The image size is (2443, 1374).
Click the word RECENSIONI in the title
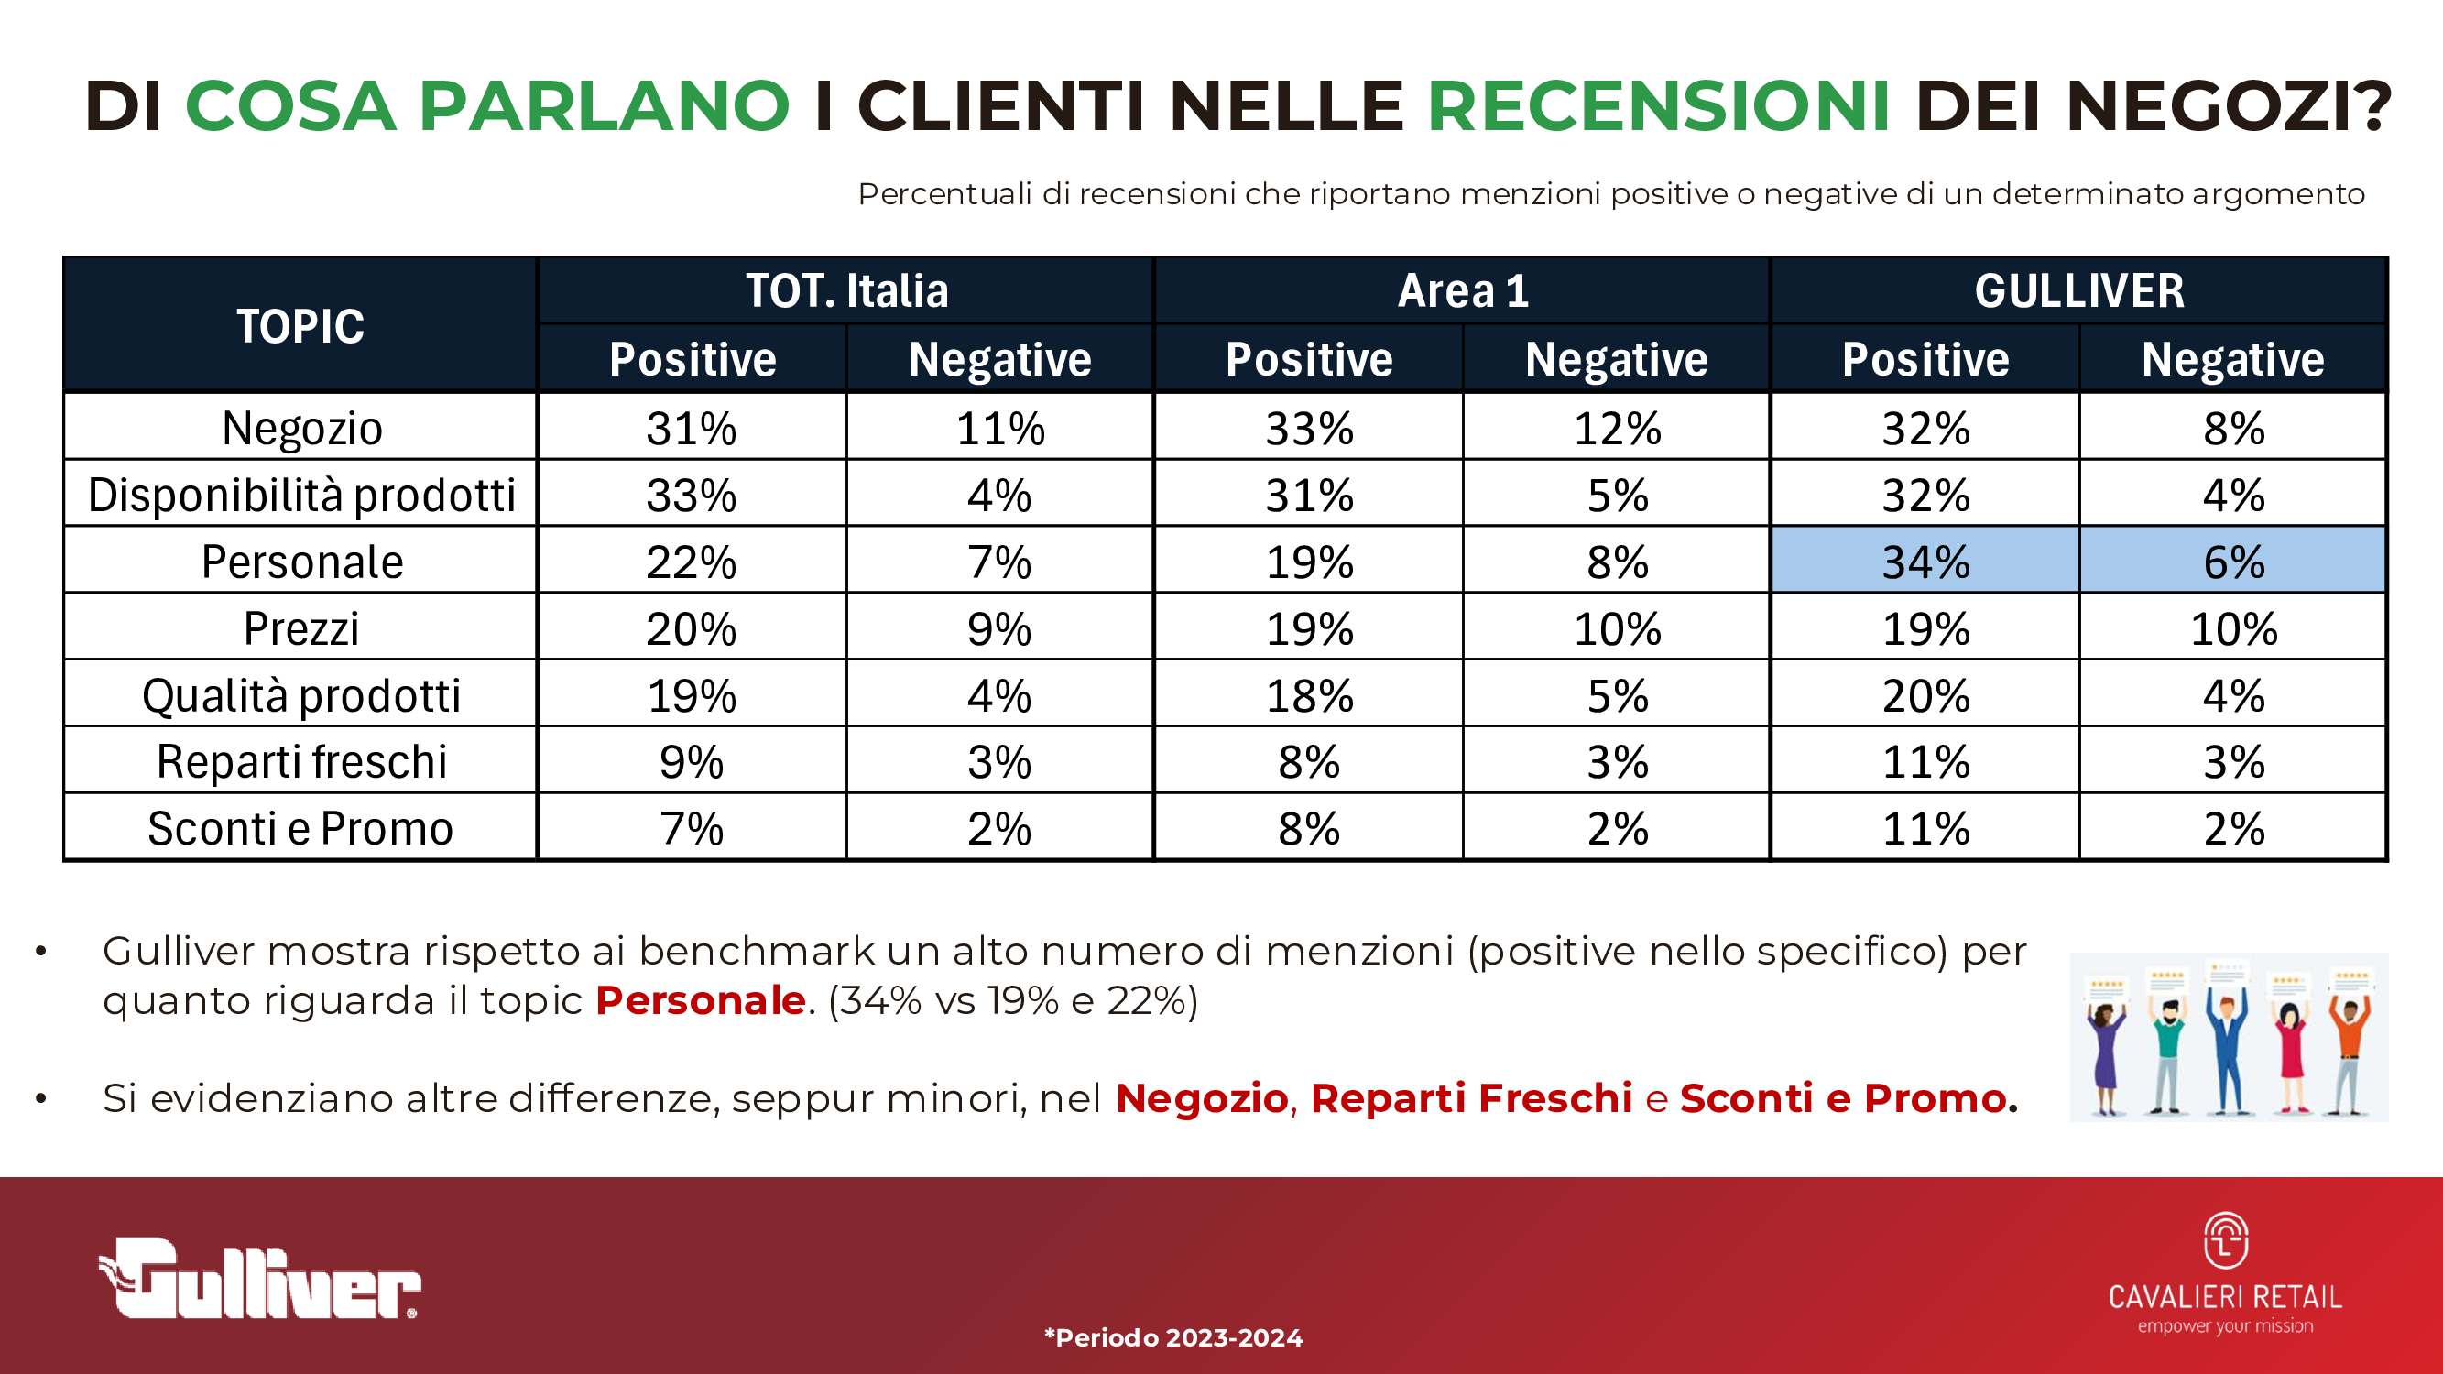(1659, 105)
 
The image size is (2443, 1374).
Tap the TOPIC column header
(300, 326)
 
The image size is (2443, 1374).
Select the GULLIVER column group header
(2078, 291)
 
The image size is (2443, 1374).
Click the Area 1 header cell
(1462, 291)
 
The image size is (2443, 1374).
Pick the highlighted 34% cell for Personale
(1925, 562)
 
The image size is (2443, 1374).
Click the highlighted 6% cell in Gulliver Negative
(2233, 562)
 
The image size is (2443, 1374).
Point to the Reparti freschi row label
(301, 761)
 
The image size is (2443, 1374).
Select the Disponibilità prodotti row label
(301, 495)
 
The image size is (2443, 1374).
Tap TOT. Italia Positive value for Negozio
(692, 428)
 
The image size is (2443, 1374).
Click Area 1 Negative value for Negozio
(1617, 428)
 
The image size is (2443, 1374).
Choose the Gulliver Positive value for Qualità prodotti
(1925, 695)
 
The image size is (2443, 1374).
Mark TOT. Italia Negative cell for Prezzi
(999, 628)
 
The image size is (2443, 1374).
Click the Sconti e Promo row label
(300, 828)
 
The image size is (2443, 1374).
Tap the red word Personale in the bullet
(701, 1000)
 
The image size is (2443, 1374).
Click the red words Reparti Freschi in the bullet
(1471, 1098)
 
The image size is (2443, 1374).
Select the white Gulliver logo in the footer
(261, 1281)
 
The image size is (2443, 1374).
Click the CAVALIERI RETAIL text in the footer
(2225, 1296)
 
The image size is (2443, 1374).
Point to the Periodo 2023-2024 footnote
(1174, 1338)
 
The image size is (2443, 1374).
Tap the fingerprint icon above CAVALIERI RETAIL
(2225, 1240)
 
